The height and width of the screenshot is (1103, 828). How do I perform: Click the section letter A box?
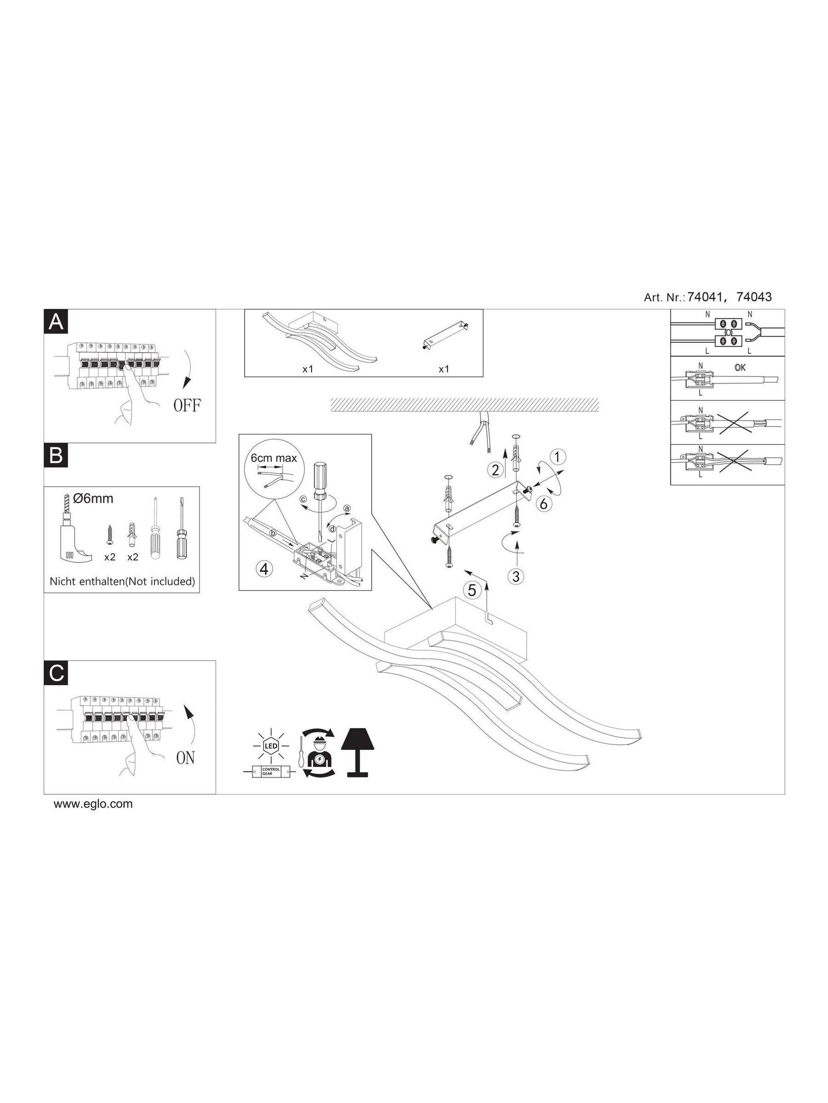(x=56, y=322)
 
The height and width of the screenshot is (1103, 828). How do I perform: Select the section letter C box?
(x=56, y=673)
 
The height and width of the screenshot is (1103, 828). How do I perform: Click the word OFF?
(x=187, y=405)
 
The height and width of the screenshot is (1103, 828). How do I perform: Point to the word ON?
(x=186, y=758)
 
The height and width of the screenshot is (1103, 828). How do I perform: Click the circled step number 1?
(x=558, y=456)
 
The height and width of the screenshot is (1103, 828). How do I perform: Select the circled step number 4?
(x=265, y=569)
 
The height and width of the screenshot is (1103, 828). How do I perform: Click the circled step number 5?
(x=471, y=591)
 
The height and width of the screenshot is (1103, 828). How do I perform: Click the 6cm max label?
(x=274, y=458)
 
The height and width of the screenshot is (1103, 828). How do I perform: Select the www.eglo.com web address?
(x=93, y=804)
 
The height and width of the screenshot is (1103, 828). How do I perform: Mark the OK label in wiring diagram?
(x=740, y=368)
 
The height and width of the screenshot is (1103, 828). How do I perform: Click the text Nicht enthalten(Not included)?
(x=122, y=581)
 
